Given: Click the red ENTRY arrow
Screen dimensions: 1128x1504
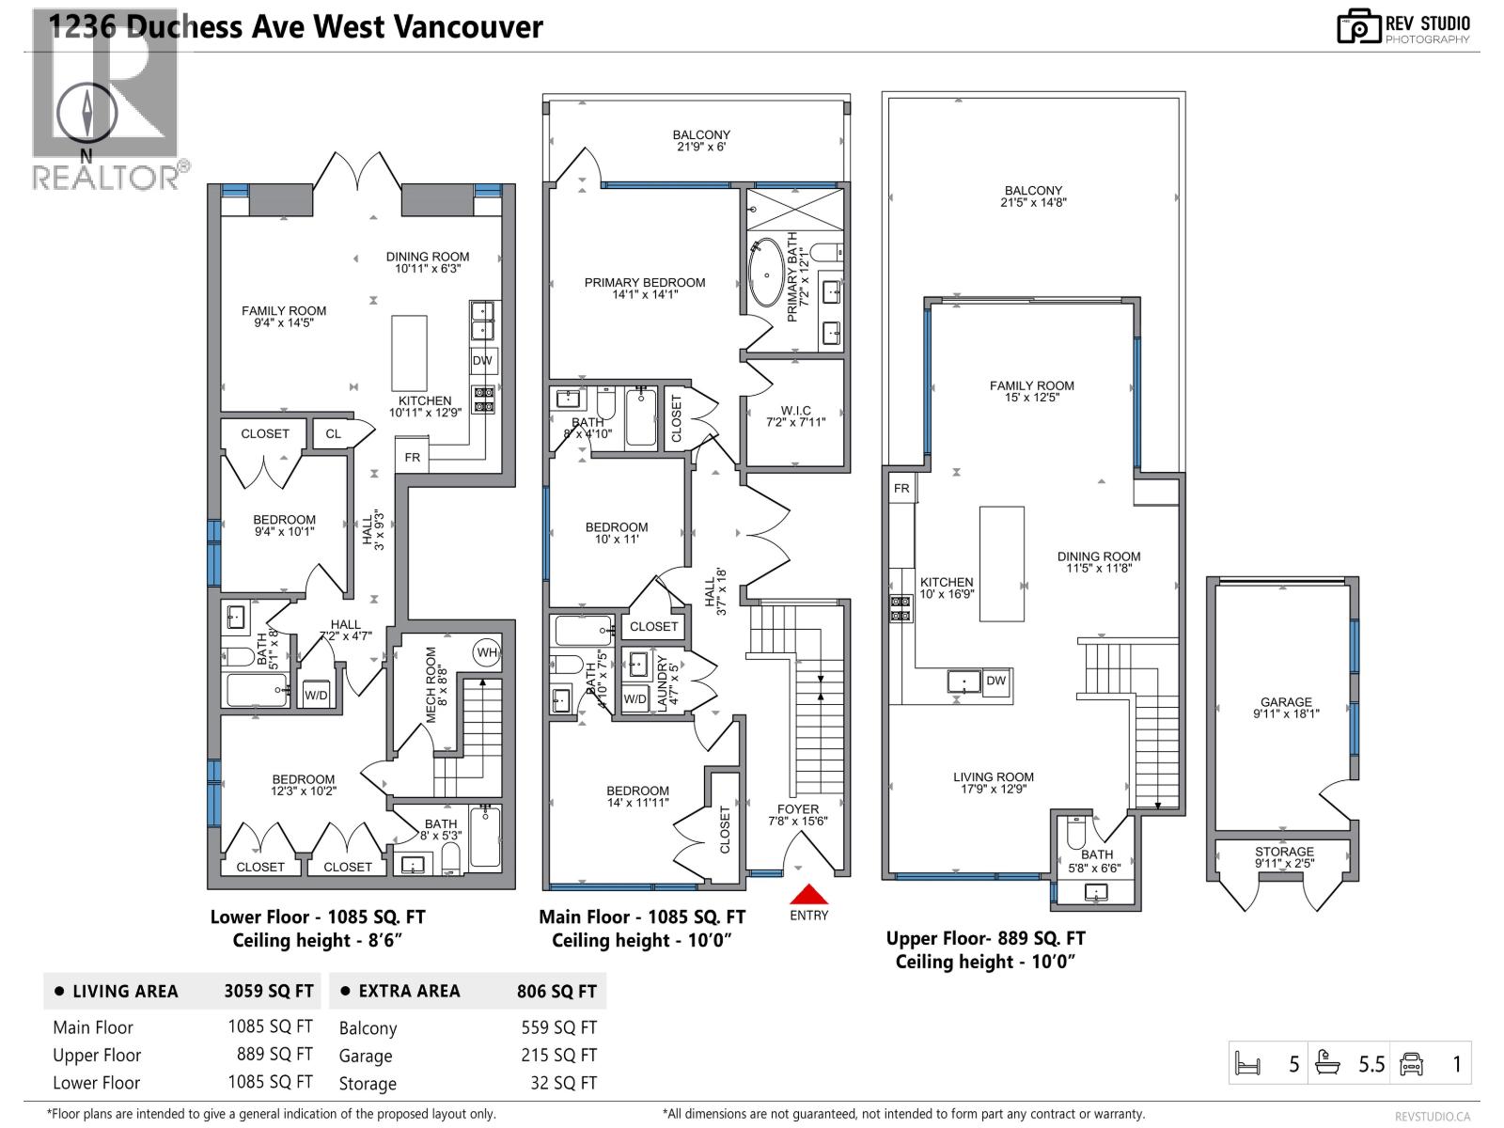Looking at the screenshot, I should click(808, 894).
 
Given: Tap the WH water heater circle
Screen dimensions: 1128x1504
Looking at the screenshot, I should click(487, 652).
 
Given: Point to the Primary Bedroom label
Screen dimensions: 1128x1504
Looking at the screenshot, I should click(645, 282).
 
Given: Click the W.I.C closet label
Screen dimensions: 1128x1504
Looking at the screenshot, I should click(795, 411).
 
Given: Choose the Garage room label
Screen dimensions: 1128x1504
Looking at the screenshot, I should click(1286, 702).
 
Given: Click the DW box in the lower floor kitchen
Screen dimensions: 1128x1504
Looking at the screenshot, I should click(482, 361).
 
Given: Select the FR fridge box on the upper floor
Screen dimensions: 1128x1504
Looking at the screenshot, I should click(901, 489).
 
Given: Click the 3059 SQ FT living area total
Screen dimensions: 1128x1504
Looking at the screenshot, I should click(269, 991).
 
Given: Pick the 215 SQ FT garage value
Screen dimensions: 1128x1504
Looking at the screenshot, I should click(558, 1056).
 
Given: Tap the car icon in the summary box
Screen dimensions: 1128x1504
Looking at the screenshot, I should click(1412, 1064).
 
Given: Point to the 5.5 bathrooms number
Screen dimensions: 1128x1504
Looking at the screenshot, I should click(1371, 1064).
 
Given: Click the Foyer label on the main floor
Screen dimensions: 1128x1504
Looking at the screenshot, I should click(798, 809).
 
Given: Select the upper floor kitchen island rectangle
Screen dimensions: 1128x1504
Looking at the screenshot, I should click(1002, 564).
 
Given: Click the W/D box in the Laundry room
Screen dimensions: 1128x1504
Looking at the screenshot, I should click(635, 698).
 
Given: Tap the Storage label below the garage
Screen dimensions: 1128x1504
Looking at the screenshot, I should click(1284, 852).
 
